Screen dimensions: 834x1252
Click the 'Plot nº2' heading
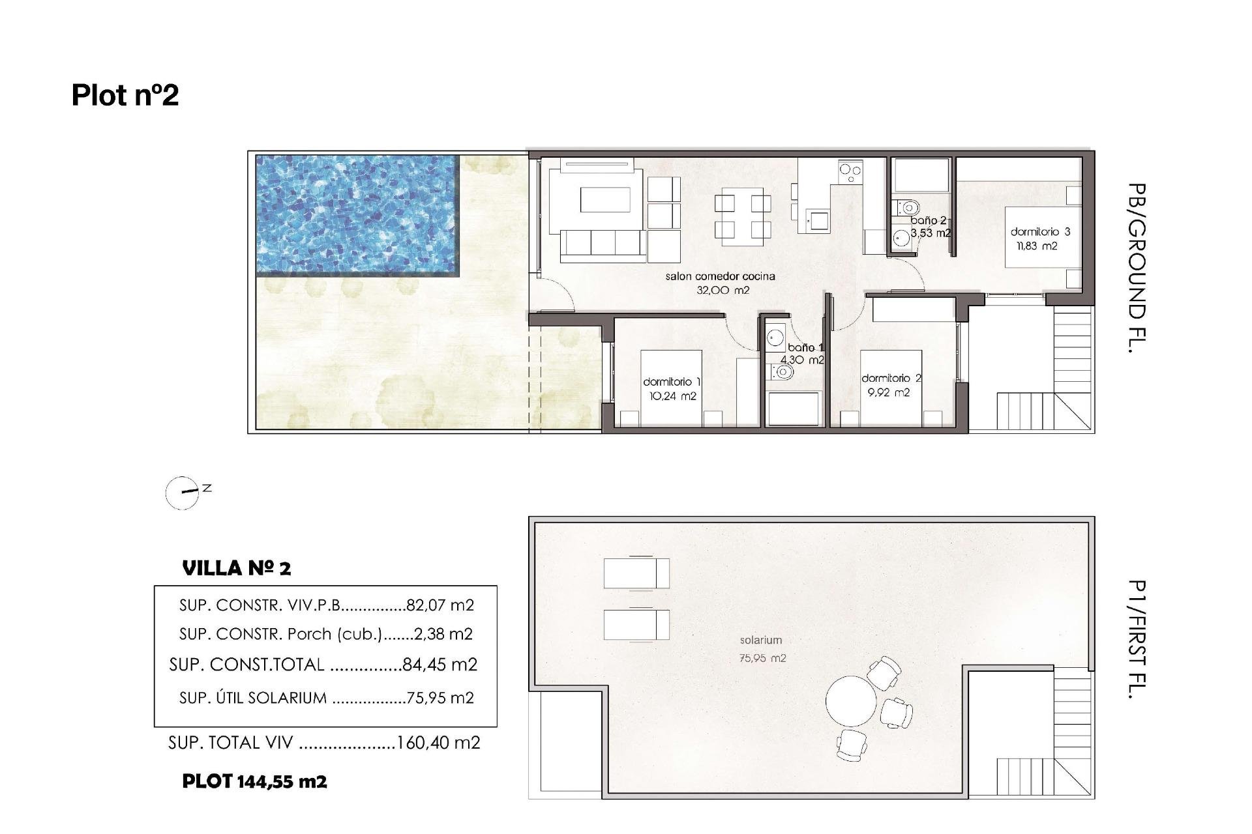125,95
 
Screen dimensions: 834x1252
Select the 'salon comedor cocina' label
720,276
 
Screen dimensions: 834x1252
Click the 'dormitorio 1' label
672,382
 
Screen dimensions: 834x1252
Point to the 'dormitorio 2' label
891,378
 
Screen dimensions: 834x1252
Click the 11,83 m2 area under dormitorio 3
1037,246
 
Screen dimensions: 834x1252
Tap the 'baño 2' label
928,221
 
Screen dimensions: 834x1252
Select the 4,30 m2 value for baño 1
802,360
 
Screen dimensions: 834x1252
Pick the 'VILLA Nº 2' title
237,568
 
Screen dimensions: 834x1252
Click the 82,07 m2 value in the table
440,605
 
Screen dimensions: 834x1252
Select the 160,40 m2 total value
438,743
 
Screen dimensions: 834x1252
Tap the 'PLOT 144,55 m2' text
254,781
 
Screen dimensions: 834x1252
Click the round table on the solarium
851,701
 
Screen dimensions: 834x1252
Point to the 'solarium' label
760,640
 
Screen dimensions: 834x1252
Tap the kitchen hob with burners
850,173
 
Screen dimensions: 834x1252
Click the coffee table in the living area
606,199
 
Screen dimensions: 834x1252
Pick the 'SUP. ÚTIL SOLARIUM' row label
253,698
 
